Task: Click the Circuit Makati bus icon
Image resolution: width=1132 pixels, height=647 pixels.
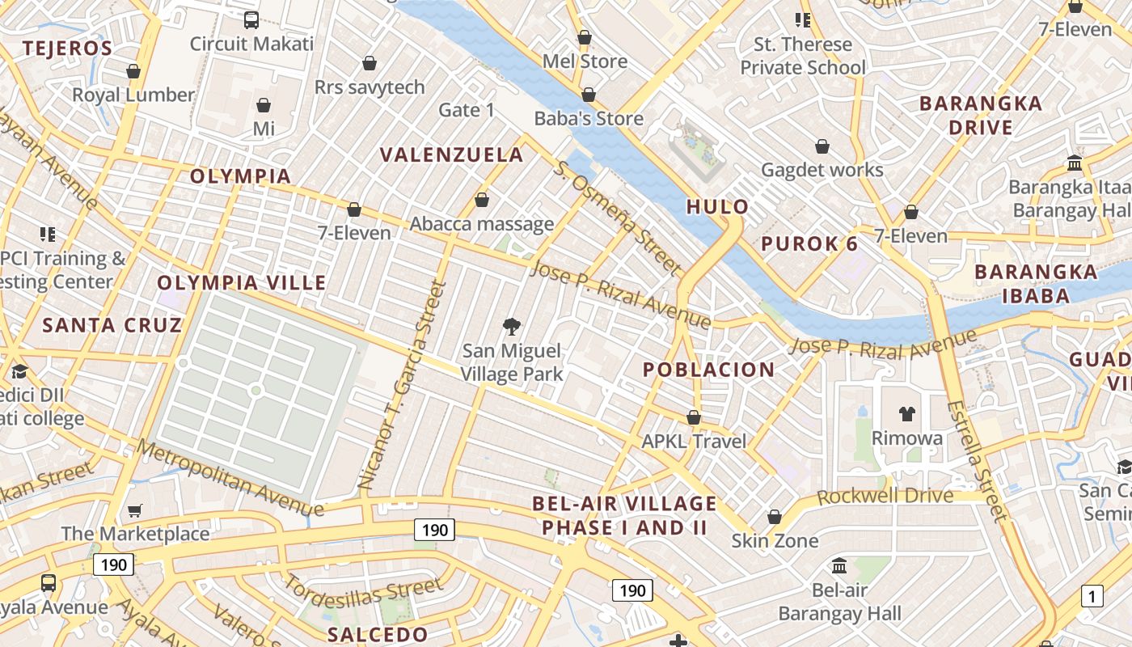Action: (x=251, y=20)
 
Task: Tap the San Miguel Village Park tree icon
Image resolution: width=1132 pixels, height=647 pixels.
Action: (x=511, y=327)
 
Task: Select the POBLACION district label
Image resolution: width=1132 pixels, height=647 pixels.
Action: (x=708, y=370)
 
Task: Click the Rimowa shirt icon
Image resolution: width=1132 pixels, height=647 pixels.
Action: (x=907, y=414)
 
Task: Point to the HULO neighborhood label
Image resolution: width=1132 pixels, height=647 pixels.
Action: (x=717, y=207)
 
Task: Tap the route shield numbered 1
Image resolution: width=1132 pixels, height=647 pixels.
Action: (x=1092, y=597)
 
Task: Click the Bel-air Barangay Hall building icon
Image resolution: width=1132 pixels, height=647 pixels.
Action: (x=839, y=566)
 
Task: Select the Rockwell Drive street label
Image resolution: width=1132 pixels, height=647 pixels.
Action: (x=885, y=495)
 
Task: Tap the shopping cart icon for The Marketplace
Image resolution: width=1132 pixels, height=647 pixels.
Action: (x=135, y=510)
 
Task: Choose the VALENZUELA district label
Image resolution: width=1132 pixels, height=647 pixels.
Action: (x=452, y=154)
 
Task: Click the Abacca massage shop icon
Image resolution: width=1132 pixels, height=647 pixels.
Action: (x=482, y=200)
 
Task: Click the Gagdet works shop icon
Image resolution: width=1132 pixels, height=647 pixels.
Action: (x=822, y=146)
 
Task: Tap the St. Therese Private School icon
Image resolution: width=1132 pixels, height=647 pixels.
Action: (x=802, y=20)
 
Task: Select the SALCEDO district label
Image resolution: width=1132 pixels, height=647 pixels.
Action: (x=378, y=634)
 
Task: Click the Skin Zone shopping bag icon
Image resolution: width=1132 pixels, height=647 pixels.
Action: (x=775, y=517)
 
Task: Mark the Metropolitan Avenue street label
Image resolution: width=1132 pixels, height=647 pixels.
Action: (x=230, y=478)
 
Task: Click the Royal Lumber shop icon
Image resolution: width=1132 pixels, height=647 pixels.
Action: (x=133, y=72)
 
